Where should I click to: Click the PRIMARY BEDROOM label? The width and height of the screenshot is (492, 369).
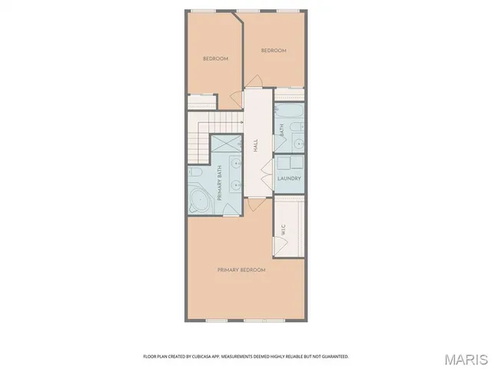[x=241, y=270]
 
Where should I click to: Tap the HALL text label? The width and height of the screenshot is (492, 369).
[x=256, y=145]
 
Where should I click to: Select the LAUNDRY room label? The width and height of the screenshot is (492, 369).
[x=288, y=178]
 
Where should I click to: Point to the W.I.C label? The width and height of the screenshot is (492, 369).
[x=284, y=228]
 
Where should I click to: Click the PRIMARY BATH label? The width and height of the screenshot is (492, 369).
[x=220, y=184]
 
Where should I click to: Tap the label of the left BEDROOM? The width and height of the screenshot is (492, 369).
[x=215, y=59]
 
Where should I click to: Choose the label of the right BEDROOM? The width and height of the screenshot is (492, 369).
[x=273, y=51]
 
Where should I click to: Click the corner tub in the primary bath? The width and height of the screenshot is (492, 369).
[x=201, y=201]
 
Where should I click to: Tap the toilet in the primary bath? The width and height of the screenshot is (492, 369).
[x=195, y=172]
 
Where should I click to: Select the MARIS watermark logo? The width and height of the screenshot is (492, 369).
[x=464, y=359]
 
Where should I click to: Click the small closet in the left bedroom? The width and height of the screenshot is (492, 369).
[x=201, y=101]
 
